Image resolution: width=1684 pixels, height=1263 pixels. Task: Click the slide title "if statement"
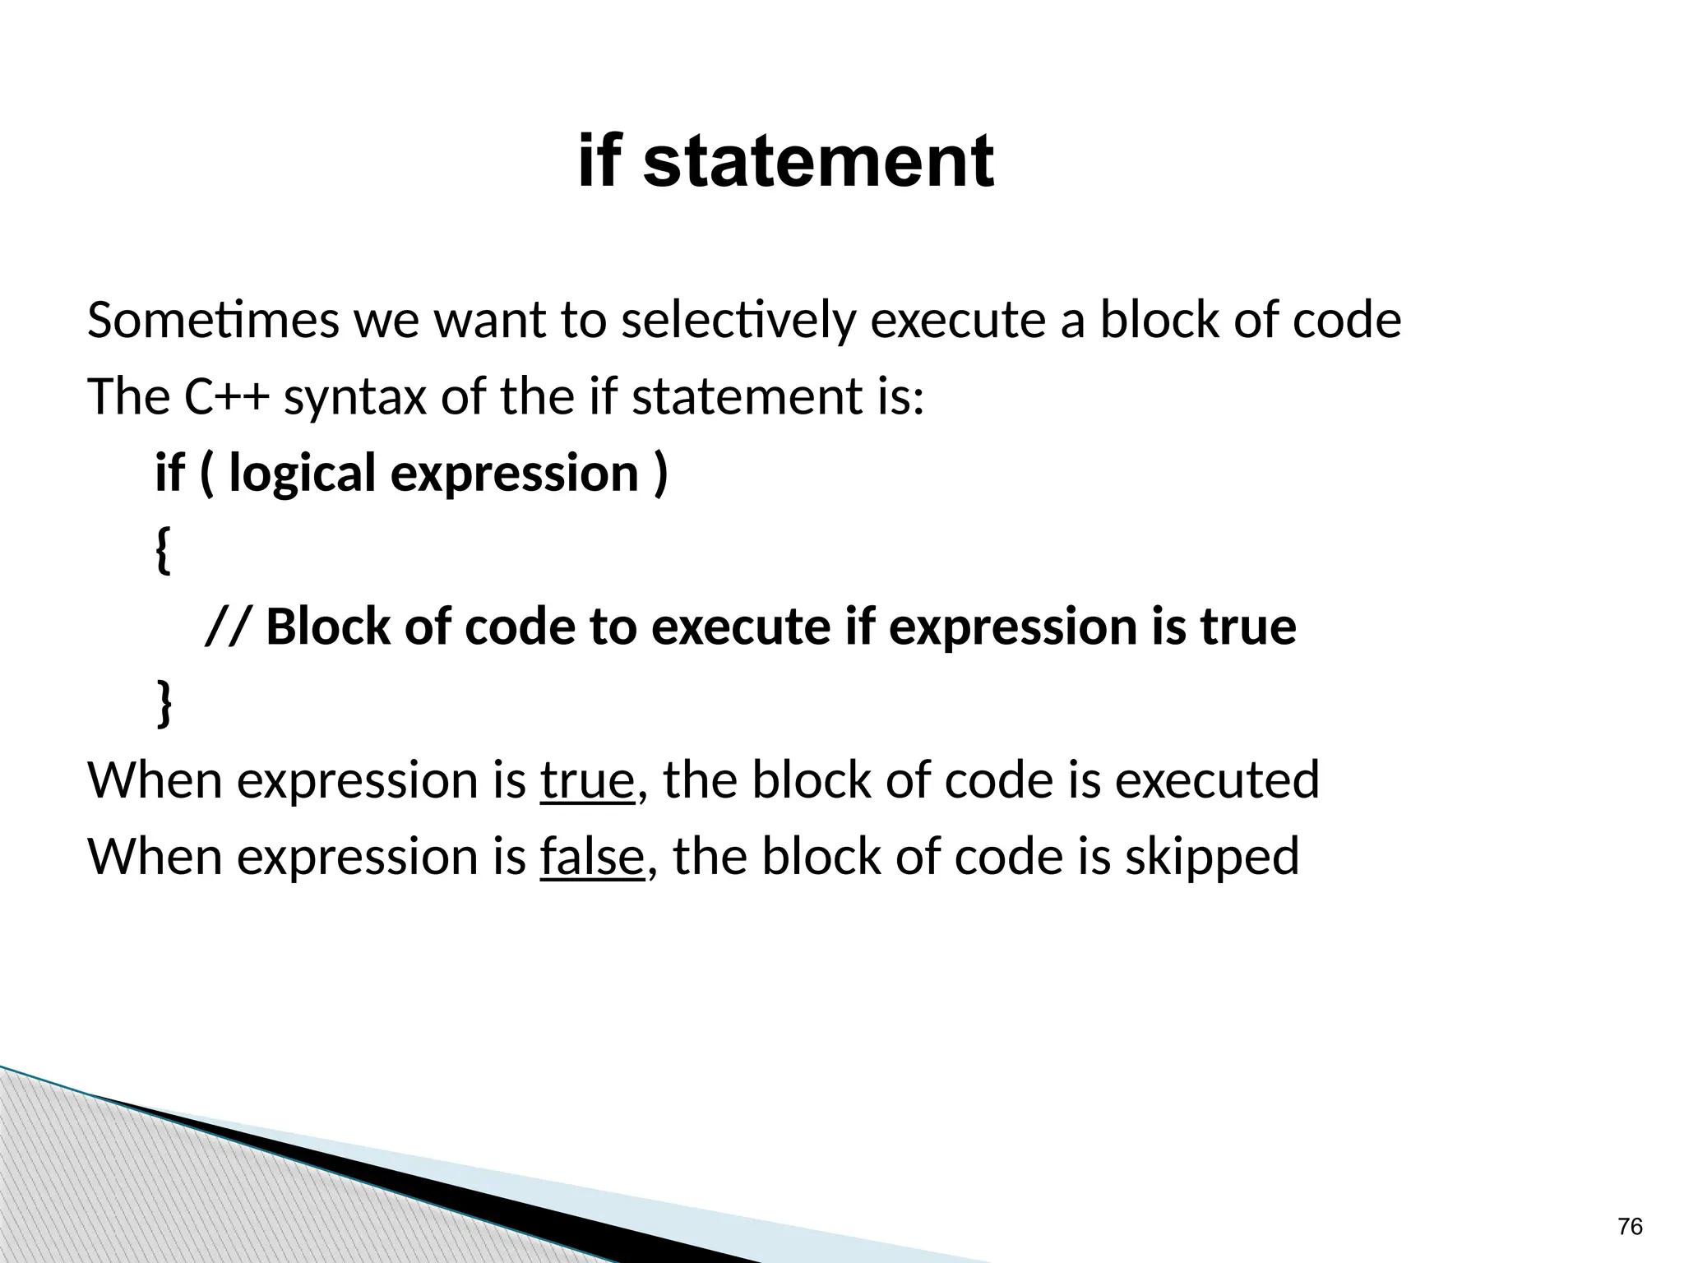pos(785,162)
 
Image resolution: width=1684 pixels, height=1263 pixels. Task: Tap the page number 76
pos(1630,1226)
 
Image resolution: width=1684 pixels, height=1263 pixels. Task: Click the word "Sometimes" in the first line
pos(212,320)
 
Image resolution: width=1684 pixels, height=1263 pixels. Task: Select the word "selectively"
pos(738,320)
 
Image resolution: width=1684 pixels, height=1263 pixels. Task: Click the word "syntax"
pos(355,398)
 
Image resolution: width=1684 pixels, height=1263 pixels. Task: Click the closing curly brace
pos(164,703)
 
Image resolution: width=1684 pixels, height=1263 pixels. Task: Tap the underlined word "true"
pos(587,780)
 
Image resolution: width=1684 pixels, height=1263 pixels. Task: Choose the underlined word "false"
pos(591,856)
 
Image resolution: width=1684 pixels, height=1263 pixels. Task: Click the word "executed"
pos(1216,780)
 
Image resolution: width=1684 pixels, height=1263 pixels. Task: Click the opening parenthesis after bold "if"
pos(207,474)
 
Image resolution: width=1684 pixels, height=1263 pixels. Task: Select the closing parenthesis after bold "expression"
pos(659,474)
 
